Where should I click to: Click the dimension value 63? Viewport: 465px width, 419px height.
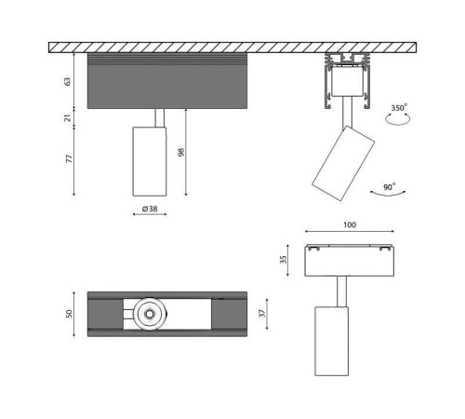(67, 81)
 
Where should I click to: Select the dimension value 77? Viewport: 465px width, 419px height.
(67, 159)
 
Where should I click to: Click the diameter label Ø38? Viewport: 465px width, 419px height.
(147, 209)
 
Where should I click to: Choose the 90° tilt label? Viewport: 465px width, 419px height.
(389, 187)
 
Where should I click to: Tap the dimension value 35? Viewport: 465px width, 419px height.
(285, 260)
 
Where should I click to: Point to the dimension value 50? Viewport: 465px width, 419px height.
(68, 315)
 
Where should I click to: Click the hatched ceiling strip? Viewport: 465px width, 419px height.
(232, 47)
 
